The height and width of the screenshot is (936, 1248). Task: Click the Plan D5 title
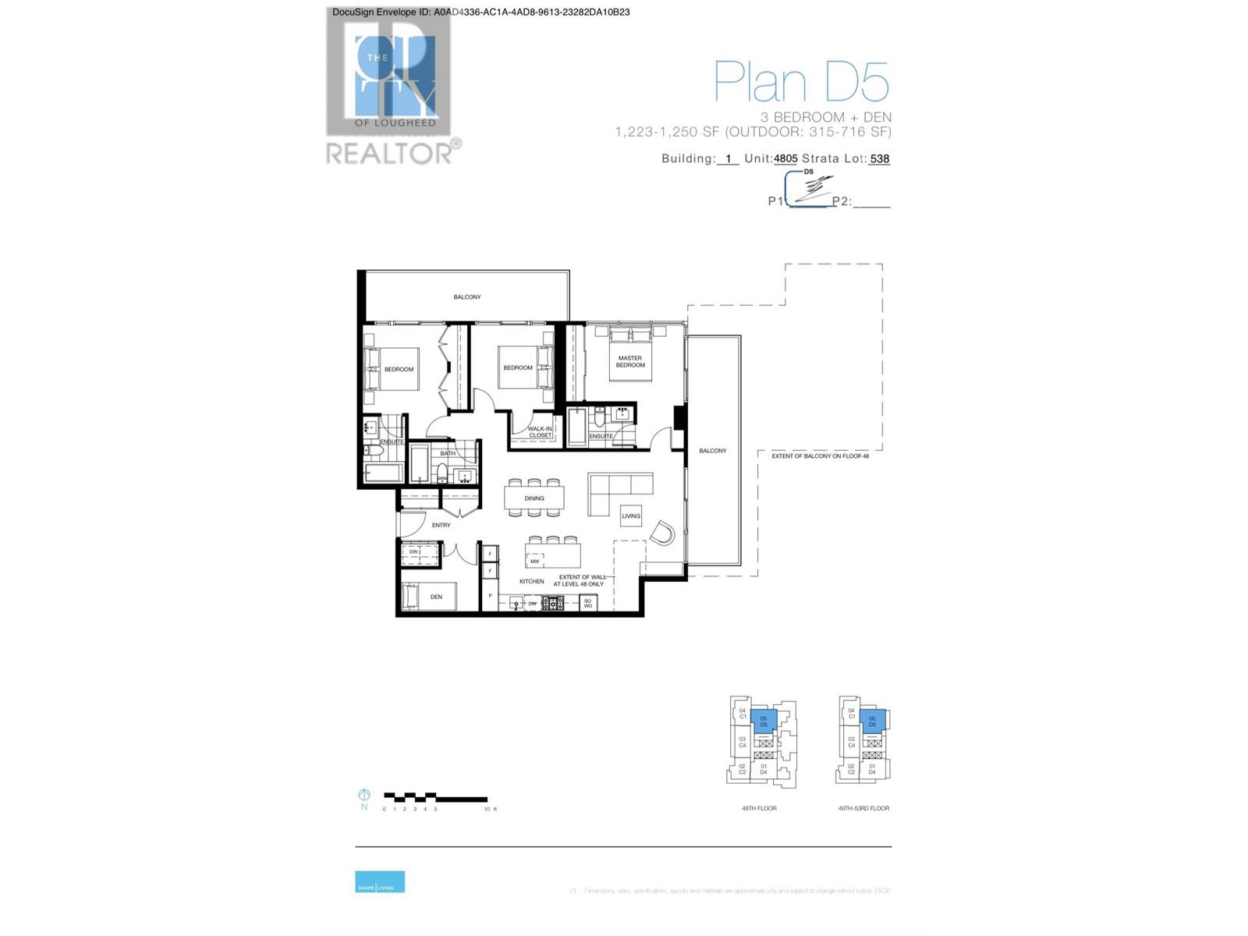click(801, 82)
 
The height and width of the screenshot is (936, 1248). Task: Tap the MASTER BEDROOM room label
click(630, 362)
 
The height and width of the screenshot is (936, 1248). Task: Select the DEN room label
click(436, 597)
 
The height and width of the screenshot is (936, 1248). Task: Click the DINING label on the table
click(534, 498)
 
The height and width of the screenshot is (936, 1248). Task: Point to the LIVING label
click(631, 516)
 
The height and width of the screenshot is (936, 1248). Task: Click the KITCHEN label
click(532, 581)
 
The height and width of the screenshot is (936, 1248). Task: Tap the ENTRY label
click(441, 525)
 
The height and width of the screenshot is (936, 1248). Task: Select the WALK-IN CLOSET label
click(540, 432)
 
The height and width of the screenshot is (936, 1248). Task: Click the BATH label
click(448, 453)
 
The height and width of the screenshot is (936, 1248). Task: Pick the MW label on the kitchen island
click(535, 561)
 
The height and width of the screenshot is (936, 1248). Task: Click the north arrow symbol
click(363, 795)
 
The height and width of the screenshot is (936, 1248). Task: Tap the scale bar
click(435, 798)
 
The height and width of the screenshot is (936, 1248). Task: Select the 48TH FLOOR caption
click(759, 808)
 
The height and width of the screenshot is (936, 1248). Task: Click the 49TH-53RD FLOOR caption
click(863, 808)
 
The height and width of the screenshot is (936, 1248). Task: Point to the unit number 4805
click(785, 158)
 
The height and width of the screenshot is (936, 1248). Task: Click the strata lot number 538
click(880, 158)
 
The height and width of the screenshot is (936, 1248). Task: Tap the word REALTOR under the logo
click(388, 153)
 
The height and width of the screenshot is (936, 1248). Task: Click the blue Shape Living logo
click(380, 881)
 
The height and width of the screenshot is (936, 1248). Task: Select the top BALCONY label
click(467, 297)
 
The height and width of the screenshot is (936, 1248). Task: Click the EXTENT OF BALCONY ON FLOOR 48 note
click(821, 456)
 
